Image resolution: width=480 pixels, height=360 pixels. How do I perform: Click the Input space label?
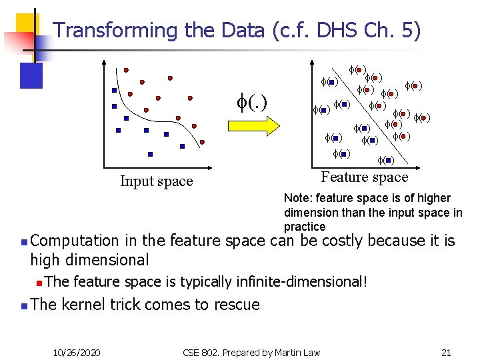pyautogui.click(x=156, y=181)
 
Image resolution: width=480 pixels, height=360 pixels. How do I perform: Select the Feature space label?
pyautogui.click(x=364, y=177)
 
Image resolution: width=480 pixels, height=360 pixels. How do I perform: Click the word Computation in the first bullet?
pyautogui.click(x=75, y=241)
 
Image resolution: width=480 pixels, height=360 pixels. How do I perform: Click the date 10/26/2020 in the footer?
pyautogui.click(x=77, y=351)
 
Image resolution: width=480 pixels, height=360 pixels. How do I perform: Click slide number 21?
pyautogui.click(x=446, y=351)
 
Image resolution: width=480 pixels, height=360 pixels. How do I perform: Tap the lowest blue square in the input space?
pyautogui.click(x=150, y=154)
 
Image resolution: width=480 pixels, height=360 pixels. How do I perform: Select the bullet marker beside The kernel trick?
pyautogui.click(x=23, y=306)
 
